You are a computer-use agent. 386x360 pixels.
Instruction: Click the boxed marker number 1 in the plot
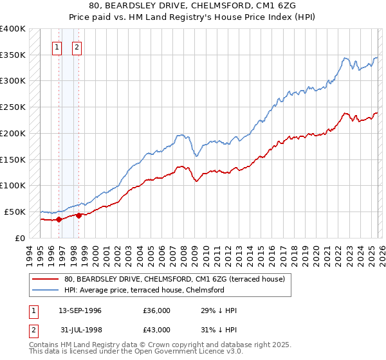(57, 46)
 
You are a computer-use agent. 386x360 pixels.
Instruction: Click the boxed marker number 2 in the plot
(77, 46)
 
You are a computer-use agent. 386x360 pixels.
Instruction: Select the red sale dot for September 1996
(59, 219)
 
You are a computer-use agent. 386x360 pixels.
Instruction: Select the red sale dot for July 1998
(78, 215)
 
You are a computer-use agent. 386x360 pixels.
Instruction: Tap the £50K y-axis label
(15, 212)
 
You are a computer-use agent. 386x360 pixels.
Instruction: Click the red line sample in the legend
(45, 279)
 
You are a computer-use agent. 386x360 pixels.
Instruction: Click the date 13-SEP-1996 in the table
(80, 310)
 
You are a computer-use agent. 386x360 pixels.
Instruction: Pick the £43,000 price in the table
(157, 330)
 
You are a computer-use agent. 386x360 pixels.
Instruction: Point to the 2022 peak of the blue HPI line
(345, 59)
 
